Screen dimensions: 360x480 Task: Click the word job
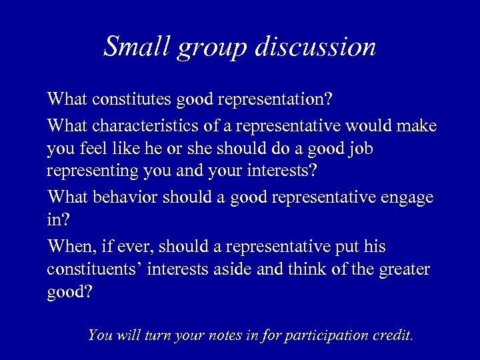tap(359, 148)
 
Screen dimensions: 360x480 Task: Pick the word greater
tap(406, 270)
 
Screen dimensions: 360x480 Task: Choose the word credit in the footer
tap(393, 335)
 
